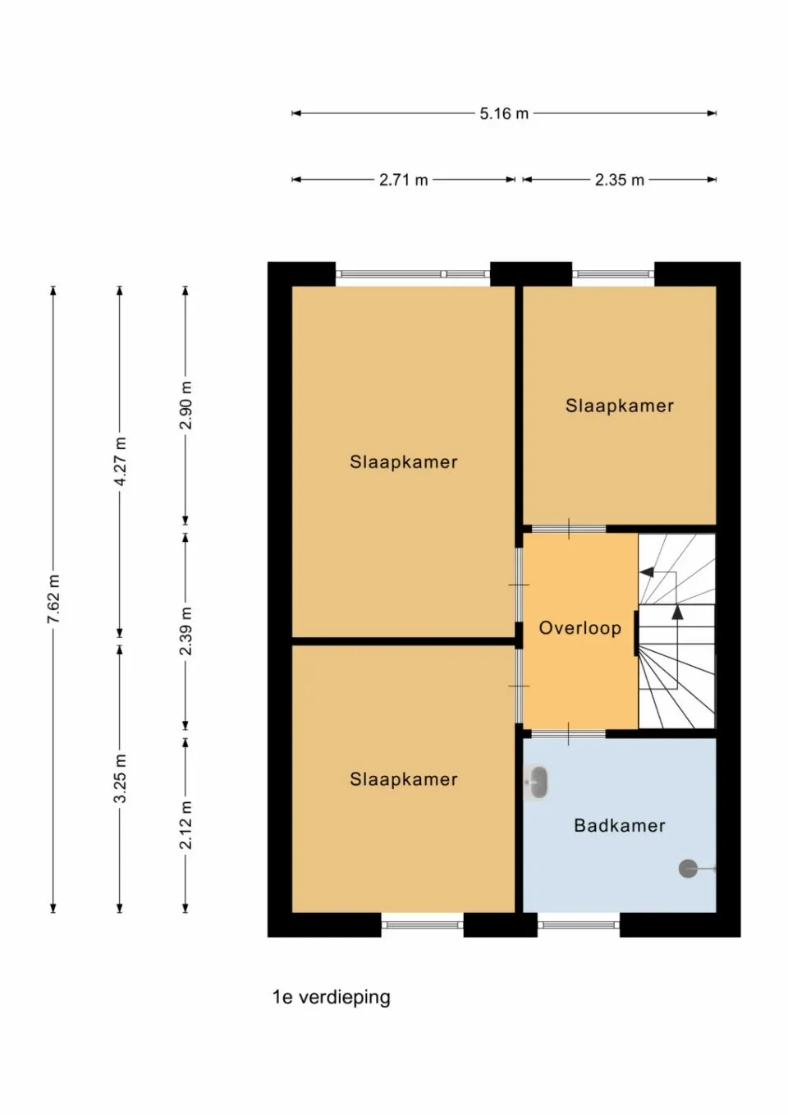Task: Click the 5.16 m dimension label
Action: [x=504, y=113]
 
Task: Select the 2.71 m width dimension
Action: [x=403, y=180]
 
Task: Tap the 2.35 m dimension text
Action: [x=619, y=180]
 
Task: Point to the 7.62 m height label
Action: [x=54, y=599]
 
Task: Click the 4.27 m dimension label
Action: [x=121, y=461]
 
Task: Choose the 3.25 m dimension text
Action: [x=121, y=778]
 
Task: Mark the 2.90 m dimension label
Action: [x=186, y=405]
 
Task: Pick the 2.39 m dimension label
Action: [x=186, y=631]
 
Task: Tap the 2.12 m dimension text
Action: [x=186, y=825]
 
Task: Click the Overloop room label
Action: [x=580, y=628]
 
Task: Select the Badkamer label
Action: [x=619, y=825]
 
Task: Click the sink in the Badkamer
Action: [x=537, y=783]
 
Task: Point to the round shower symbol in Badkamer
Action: [x=688, y=868]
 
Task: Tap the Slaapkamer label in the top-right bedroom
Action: [x=619, y=406]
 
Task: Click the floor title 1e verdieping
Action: [x=332, y=997]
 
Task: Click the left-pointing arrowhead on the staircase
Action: [x=647, y=572]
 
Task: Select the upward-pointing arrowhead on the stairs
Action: [x=677, y=612]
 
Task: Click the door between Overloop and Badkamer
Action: [x=568, y=733]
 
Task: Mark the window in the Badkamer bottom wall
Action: [x=578, y=925]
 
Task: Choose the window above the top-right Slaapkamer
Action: [x=613, y=274]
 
